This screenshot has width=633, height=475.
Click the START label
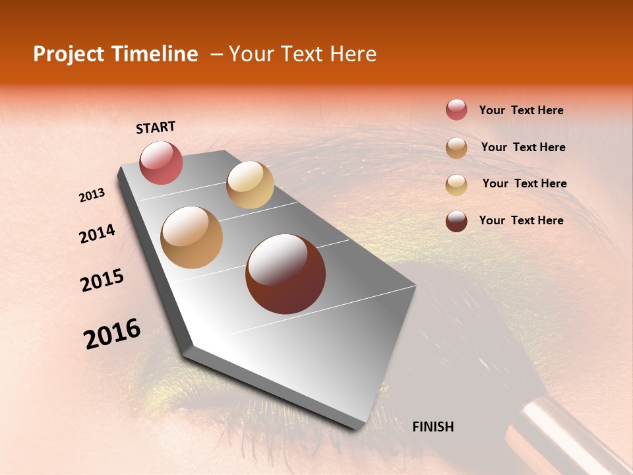pos(156,127)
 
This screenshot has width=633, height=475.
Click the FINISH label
pos(433,427)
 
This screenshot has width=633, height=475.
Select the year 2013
pos(92,195)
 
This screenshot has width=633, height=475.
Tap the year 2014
pos(97,234)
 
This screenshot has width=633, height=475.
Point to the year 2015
pos(102,280)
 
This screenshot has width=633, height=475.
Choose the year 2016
pos(112,334)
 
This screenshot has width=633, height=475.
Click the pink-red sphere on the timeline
pos(161,162)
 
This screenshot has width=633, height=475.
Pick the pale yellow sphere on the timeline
pos(250,185)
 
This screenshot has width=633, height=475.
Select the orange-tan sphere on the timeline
pos(191,237)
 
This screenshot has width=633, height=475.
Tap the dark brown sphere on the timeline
pos(286,274)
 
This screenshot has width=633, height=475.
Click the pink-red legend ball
pos(456,110)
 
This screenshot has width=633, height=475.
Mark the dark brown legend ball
pos(456,220)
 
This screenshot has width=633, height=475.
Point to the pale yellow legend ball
pos(456,184)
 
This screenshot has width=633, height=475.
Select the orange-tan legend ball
pos(456,147)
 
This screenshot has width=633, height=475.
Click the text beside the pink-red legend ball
pos(521,110)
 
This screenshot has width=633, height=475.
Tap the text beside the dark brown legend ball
pos(521,220)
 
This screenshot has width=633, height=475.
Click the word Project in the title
pos(69,54)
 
